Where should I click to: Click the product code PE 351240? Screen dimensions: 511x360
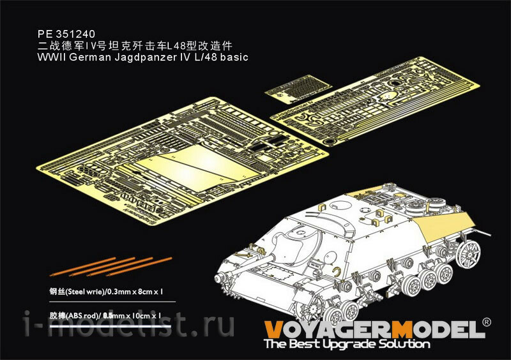[66, 34]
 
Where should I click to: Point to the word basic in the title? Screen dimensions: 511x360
[234, 57]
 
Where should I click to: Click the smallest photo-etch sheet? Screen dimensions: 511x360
[298, 89]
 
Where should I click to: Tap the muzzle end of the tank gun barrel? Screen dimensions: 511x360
[218, 278]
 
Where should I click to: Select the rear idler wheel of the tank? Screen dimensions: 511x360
[469, 252]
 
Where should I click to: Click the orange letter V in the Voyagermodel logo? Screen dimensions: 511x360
[273, 329]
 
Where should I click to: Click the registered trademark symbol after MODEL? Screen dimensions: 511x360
[486, 322]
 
